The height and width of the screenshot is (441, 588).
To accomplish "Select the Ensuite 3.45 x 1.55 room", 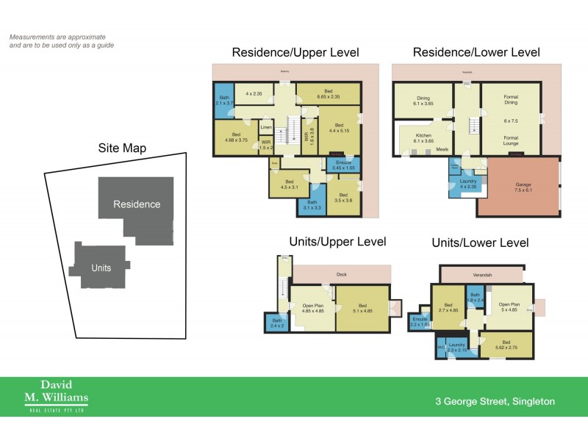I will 343,165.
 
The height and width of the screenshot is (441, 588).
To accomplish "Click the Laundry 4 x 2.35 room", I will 468,184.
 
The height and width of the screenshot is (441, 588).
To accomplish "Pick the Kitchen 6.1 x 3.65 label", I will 423,138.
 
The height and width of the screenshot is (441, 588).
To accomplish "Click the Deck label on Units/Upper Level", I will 342,274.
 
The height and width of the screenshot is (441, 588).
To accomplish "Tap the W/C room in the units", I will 441,347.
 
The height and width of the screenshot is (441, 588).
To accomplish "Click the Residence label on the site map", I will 137,204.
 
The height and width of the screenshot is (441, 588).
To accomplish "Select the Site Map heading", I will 122,148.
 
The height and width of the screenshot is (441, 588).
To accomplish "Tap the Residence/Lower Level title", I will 476,52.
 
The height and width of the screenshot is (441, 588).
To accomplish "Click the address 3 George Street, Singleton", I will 493,401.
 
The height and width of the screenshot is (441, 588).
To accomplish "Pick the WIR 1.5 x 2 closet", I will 266,145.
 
